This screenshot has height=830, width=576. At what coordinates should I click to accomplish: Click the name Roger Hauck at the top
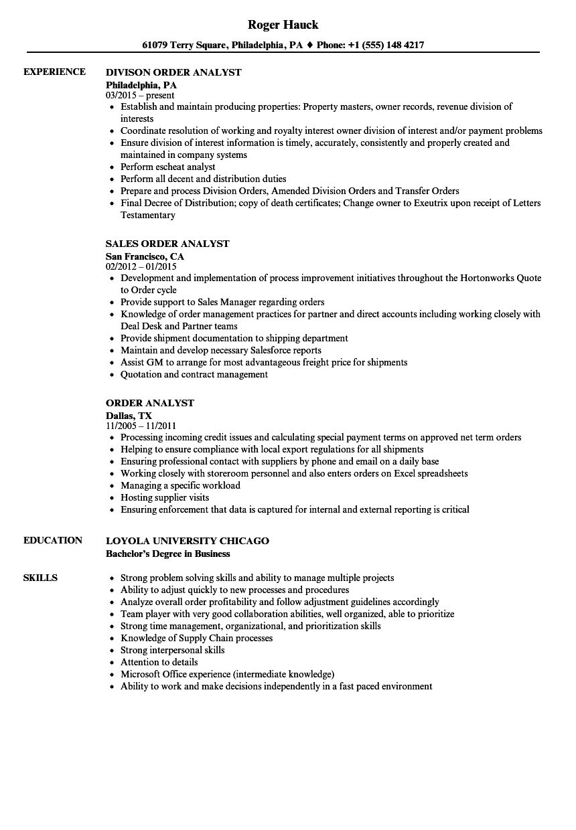click(283, 25)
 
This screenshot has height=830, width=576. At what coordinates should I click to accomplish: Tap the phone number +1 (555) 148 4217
click(389, 46)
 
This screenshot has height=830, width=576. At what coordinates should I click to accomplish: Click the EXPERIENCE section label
click(54, 72)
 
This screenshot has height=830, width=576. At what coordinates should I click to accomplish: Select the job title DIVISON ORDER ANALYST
click(173, 72)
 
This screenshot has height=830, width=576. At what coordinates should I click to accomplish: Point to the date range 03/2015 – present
click(140, 95)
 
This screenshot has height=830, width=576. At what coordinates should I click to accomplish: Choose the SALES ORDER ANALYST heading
click(167, 244)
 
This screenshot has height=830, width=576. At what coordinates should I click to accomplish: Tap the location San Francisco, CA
click(145, 256)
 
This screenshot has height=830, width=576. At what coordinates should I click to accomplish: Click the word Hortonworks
click(482, 278)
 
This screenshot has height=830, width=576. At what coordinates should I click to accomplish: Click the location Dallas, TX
click(129, 416)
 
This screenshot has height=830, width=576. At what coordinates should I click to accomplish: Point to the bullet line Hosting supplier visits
click(165, 497)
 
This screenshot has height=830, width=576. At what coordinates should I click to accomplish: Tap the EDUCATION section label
click(53, 540)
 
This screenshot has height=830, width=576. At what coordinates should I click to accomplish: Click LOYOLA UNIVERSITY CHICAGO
click(188, 541)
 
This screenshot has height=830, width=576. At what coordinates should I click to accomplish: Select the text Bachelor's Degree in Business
click(168, 554)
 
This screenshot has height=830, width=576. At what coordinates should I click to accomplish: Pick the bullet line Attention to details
click(159, 662)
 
